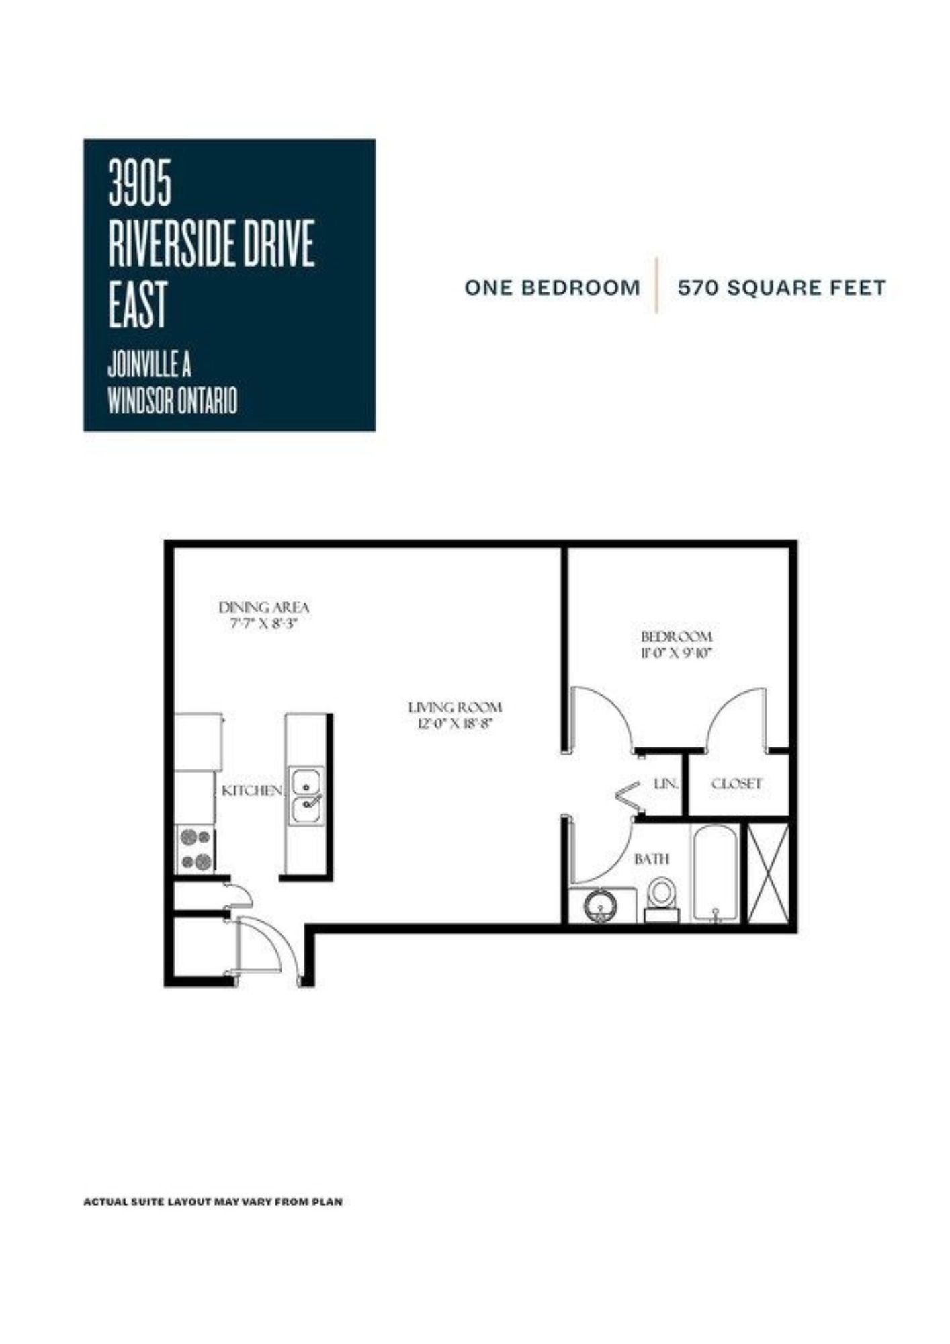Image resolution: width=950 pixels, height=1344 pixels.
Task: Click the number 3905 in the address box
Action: point(140,183)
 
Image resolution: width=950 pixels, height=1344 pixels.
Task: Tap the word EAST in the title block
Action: point(137,306)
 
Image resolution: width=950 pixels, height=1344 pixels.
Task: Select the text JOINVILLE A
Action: point(149,366)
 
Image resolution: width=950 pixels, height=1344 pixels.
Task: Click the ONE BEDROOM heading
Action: point(552,288)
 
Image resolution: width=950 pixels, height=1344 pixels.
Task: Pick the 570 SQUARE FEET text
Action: point(781,288)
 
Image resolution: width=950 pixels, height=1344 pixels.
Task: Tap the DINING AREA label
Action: point(264,607)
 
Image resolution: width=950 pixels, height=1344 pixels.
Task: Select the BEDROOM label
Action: point(676,636)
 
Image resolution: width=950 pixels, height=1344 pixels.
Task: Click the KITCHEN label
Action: point(252,791)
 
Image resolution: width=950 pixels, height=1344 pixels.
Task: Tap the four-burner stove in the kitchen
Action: point(196,849)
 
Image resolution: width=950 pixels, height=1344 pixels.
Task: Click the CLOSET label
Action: point(736,784)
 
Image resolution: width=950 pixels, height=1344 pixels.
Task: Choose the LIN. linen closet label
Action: point(666,784)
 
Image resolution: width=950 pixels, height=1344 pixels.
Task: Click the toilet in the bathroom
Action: point(662,900)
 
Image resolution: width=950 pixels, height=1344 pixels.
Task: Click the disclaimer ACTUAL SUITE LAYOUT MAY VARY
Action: point(212,1201)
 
